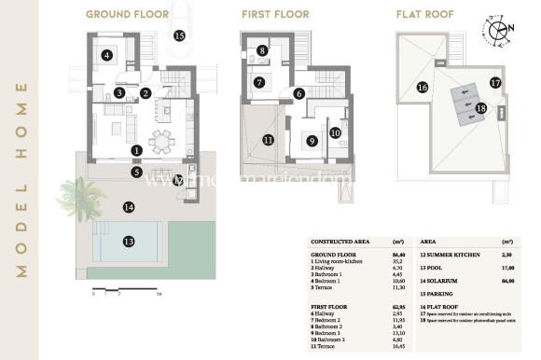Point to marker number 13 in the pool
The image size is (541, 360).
[129, 242]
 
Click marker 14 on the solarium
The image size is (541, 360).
[129, 207]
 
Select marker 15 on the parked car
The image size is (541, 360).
[179, 35]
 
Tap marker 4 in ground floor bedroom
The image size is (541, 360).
[108, 55]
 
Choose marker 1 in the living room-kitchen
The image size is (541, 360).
[136, 150]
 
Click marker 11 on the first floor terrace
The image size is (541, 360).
[268, 140]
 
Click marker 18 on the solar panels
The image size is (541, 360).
[480, 108]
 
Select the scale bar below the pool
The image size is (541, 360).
[107, 292]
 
